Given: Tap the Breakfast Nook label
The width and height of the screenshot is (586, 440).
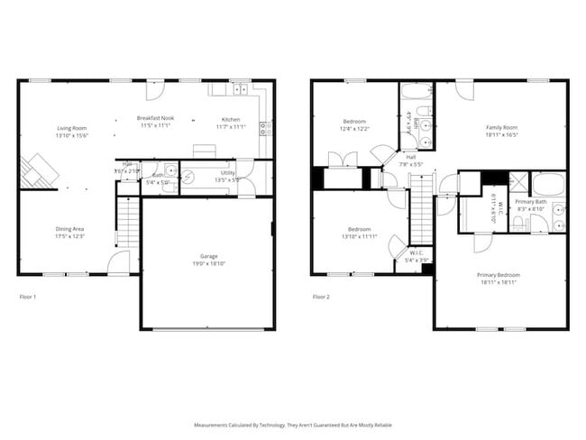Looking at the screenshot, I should point(155,118).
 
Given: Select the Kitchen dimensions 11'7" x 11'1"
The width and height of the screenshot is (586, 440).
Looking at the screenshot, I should point(231,127).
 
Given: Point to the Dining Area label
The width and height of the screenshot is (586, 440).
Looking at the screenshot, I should point(69,229).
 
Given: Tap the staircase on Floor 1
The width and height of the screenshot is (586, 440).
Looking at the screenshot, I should point(129,223).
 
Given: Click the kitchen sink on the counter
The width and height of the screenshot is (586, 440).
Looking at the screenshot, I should point(240,88).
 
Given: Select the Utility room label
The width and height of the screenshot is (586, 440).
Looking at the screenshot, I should point(228,172).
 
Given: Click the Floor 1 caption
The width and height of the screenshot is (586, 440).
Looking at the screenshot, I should point(28,296).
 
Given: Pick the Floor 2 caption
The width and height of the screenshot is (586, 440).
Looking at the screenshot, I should point(321,296).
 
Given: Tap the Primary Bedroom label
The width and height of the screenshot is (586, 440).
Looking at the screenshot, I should point(499,275).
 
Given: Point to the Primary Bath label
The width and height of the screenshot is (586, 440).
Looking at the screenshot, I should point(530,201).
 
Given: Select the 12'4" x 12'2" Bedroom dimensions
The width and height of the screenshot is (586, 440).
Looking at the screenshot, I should point(354,129).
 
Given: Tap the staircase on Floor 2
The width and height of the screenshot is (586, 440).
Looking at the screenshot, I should point(421,209).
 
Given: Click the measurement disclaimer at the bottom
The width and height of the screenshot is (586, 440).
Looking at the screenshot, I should point(292,424).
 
